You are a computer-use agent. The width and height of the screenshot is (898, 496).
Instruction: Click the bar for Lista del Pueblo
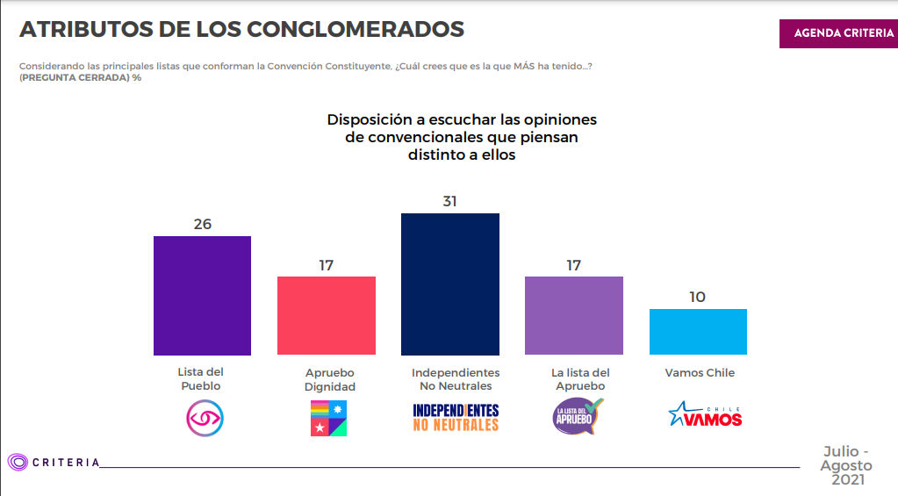pyautogui.click(x=202, y=295)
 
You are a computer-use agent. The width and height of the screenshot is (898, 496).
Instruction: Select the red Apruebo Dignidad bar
pyautogui.click(x=327, y=315)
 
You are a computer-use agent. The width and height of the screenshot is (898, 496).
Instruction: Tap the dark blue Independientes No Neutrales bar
pyautogui.click(x=450, y=284)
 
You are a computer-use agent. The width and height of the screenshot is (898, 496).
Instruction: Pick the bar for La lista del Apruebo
pyautogui.click(x=574, y=315)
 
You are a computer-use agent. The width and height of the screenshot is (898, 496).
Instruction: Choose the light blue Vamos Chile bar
pyautogui.click(x=698, y=332)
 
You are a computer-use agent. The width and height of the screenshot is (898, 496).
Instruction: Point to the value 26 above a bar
pyautogui.click(x=203, y=224)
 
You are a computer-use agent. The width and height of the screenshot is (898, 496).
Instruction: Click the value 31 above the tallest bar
pyautogui.click(x=450, y=201)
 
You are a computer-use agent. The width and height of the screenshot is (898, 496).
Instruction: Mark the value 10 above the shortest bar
pyautogui.click(x=698, y=297)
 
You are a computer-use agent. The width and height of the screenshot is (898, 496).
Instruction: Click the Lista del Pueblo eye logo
pyautogui.click(x=205, y=418)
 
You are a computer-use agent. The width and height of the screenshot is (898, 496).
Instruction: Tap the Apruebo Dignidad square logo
pyautogui.click(x=328, y=418)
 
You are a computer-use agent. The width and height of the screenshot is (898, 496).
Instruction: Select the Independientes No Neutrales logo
pyautogui.click(x=456, y=418)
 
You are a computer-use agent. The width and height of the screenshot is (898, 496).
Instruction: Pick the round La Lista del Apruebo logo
pyautogui.click(x=578, y=416)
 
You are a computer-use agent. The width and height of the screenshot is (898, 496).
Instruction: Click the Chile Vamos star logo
pyautogui.click(x=705, y=415)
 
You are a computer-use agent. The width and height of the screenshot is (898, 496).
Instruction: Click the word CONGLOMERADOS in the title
pyautogui.click(x=356, y=29)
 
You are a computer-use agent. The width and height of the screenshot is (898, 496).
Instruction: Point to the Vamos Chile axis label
pyautogui.click(x=700, y=373)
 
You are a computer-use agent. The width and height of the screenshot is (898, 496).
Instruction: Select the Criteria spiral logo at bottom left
pyautogui.click(x=18, y=462)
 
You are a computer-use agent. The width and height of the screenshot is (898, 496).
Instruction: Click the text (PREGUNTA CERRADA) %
pyautogui.click(x=80, y=78)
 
